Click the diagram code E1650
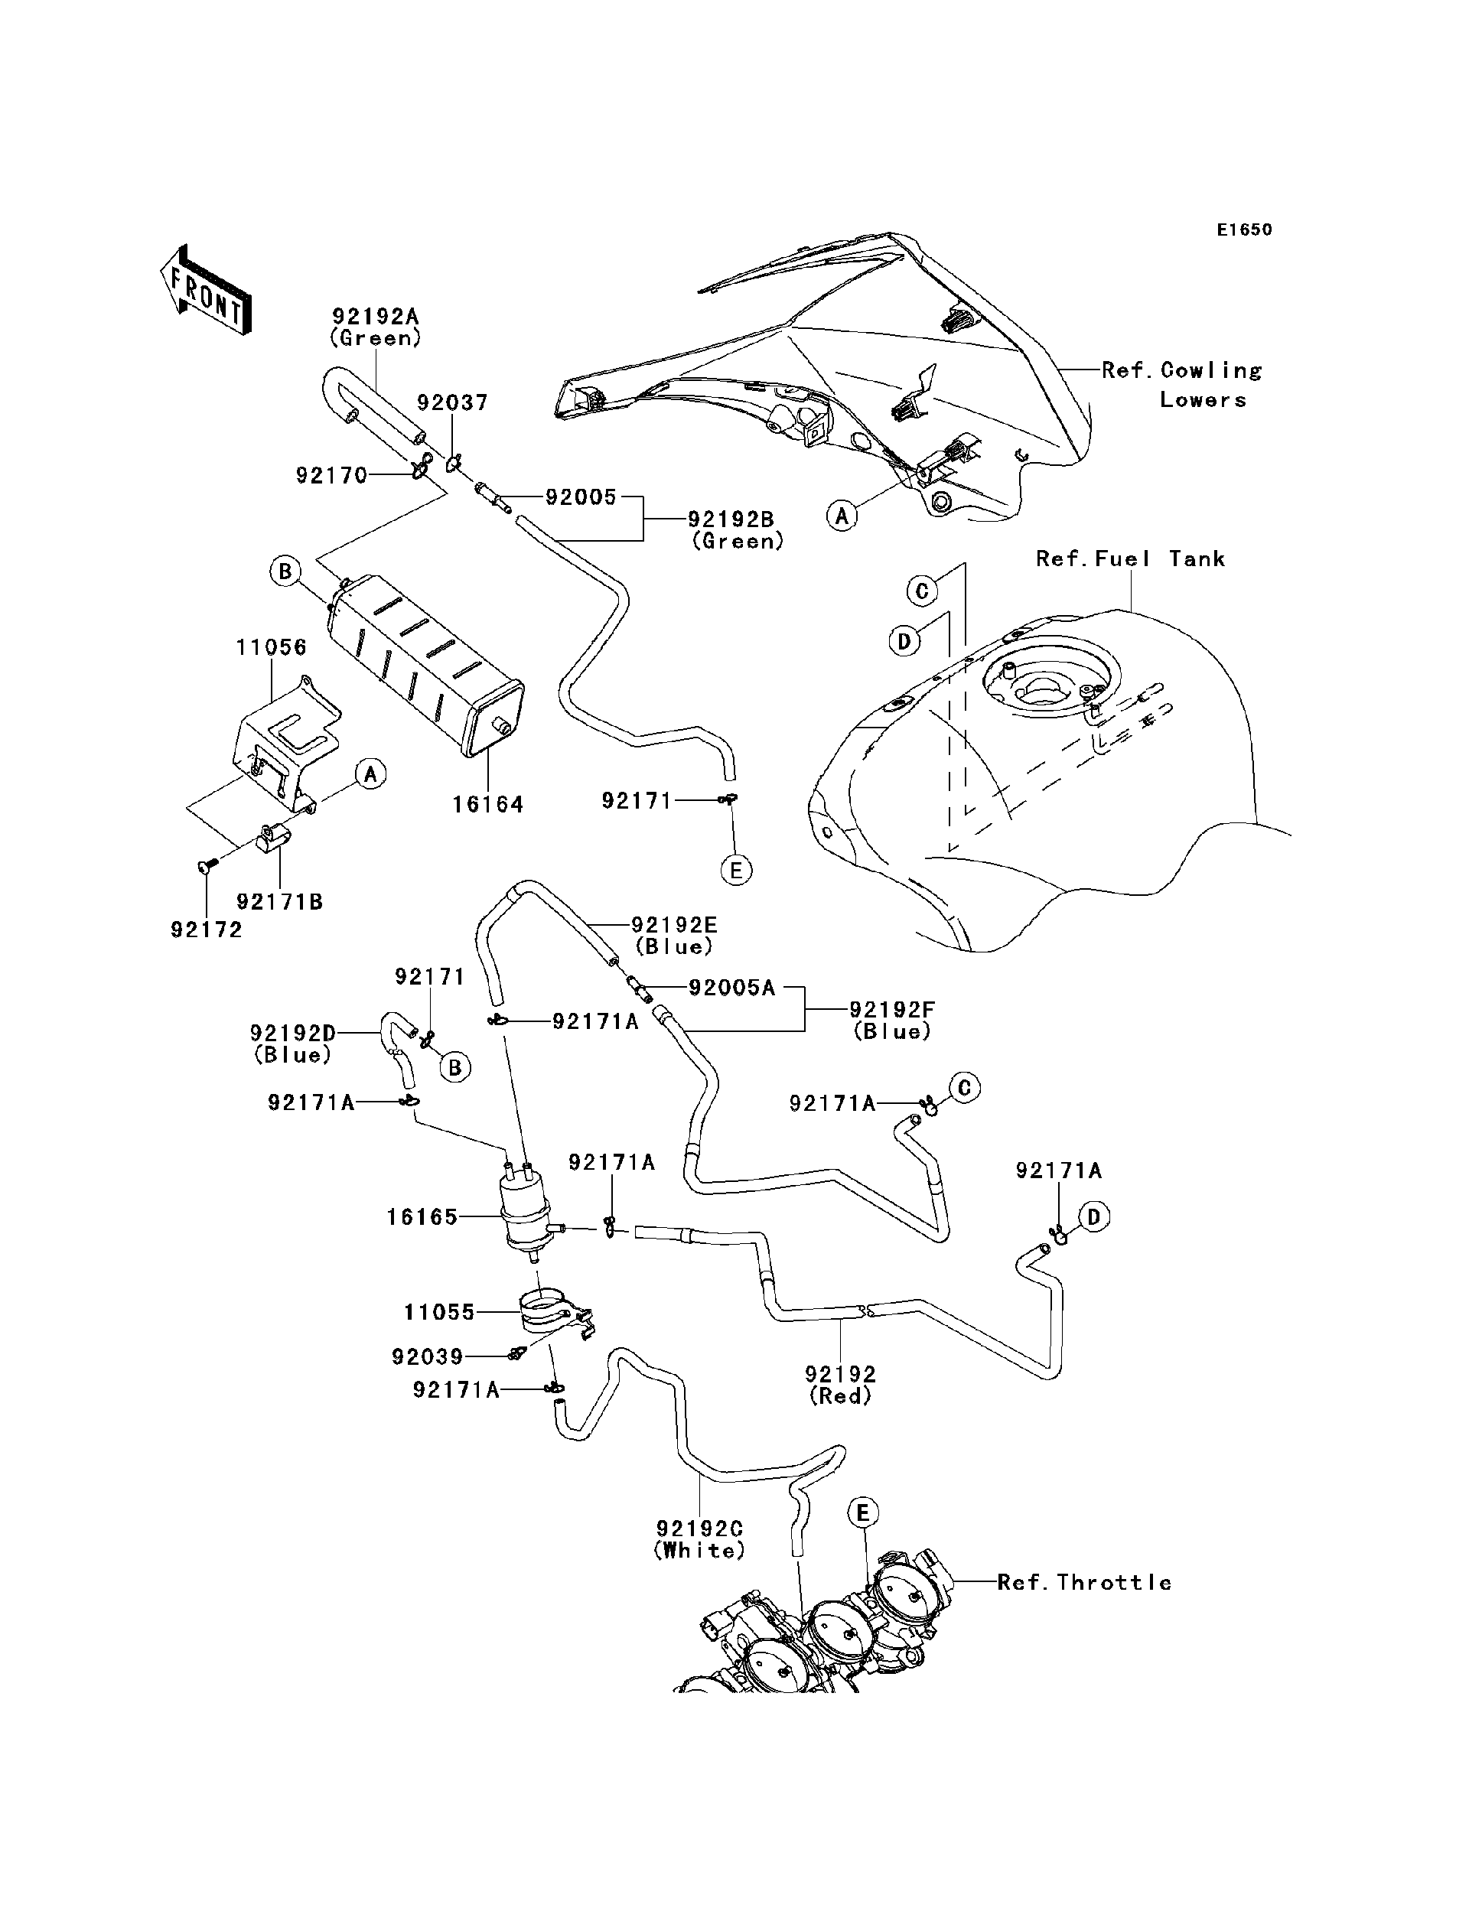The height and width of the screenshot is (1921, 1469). point(1244,230)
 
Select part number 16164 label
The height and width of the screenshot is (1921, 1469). point(488,804)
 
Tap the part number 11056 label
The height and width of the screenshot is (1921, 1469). point(271,648)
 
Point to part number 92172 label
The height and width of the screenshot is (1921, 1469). point(207,930)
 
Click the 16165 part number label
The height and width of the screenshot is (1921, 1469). point(422,1217)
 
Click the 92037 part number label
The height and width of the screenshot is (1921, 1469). point(452,403)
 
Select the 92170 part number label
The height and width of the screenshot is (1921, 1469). point(331,476)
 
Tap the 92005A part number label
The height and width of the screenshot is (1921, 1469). point(732,988)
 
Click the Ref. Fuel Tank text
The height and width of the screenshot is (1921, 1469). point(1130,558)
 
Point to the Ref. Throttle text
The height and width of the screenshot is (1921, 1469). point(1084,1583)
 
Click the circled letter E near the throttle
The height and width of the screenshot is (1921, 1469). point(862,1512)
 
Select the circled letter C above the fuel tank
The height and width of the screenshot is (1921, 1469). point(922,591)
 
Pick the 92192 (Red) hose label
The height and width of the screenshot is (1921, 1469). point(840,1385)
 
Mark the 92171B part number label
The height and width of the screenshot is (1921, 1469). point(280,901)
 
